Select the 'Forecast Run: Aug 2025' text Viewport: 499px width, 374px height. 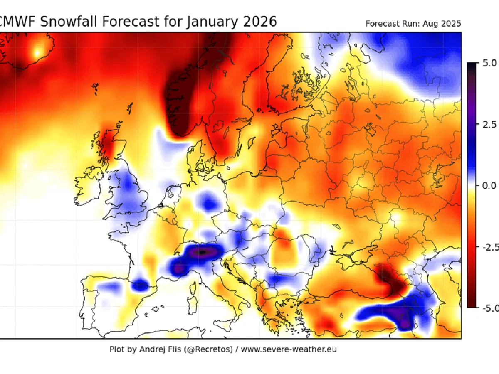coord(413,24)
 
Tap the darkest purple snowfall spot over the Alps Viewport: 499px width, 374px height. coord(203,252)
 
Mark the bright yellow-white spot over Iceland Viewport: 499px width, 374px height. coord(38,52)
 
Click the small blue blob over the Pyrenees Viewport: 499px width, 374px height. coord(141,285)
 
